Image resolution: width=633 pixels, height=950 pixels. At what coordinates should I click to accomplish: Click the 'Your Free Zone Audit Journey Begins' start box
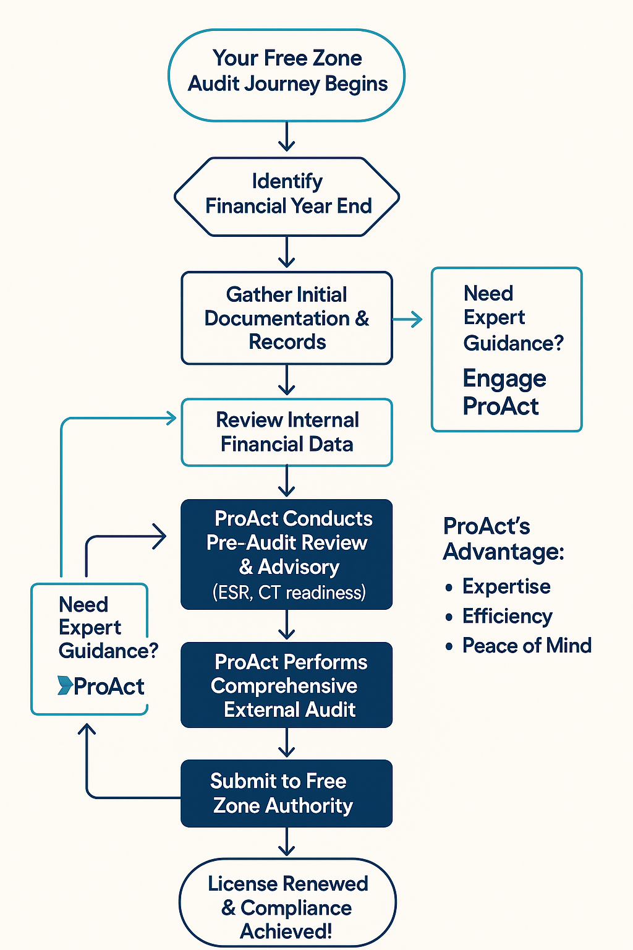click(287, 75)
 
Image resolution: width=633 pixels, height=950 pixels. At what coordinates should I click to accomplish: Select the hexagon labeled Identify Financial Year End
click(287, 196)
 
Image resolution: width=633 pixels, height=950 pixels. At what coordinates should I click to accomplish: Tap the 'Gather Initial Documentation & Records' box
click(287, 318)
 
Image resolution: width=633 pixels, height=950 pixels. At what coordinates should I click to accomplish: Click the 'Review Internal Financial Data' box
click(287, 432)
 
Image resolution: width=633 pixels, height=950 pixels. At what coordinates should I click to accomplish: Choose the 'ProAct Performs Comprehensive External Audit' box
click(287, 685)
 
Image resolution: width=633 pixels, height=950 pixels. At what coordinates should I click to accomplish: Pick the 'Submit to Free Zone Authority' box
click(287, 793)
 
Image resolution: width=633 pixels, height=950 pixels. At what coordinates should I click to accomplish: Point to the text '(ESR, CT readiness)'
click(289, 593)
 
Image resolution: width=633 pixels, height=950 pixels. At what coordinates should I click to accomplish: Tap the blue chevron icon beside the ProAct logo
click(64, 685)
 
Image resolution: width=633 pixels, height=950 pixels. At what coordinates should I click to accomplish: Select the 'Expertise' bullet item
click(506, 586)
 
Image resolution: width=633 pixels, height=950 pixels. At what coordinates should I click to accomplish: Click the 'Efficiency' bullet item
click(507, 616)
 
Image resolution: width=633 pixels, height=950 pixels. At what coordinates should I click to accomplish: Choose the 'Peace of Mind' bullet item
click(527, 646)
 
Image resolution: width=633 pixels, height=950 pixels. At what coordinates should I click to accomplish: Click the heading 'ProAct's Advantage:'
click(503, 538)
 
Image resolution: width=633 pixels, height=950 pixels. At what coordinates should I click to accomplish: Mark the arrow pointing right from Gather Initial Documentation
click(408, 319)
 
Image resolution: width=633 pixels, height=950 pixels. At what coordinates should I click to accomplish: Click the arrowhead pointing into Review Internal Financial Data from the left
click(171, 419)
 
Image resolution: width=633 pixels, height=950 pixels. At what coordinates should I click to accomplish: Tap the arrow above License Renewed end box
click(287, 842)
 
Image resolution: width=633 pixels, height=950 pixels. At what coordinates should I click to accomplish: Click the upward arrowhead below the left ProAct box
click(87, 730)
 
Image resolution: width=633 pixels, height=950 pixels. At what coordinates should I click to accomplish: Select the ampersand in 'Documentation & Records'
click(362, 319)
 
